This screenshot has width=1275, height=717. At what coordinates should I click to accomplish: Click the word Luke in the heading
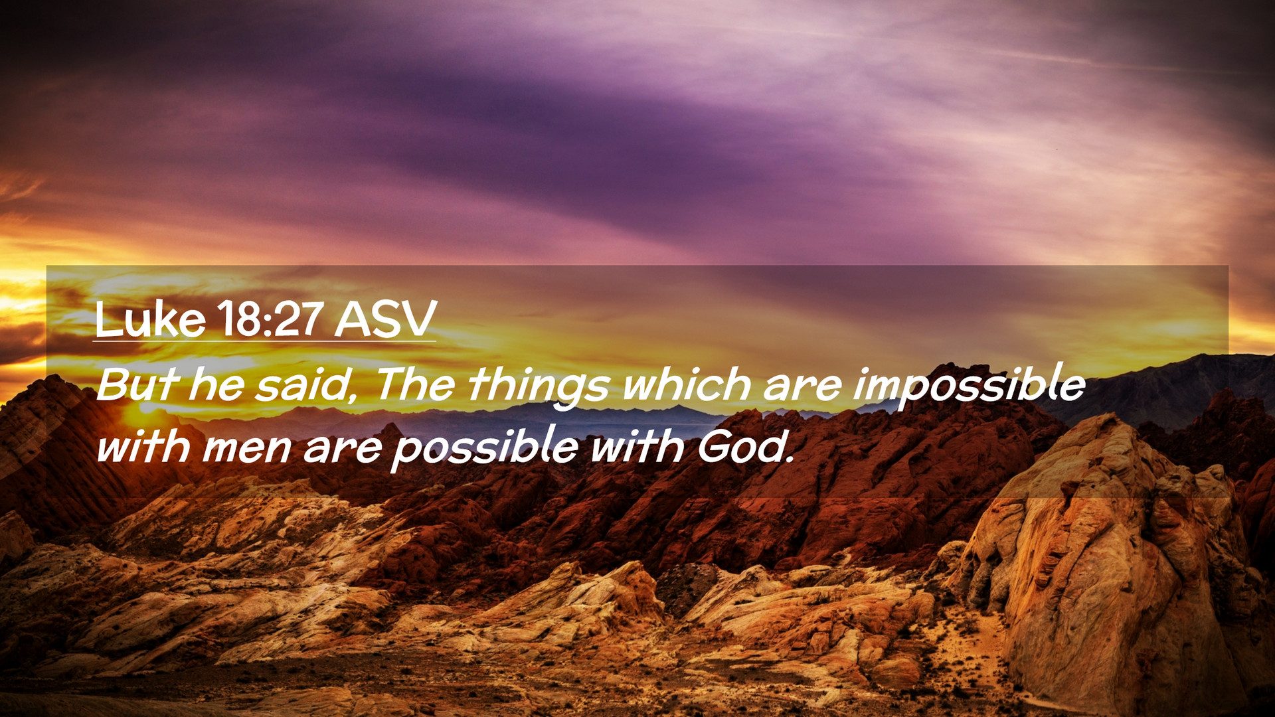coord(150,319)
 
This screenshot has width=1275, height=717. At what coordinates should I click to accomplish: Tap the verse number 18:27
coord(270,319)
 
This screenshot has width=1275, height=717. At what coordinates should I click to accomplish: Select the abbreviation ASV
coord(385,319)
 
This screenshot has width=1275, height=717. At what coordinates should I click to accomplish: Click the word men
coord(247,448)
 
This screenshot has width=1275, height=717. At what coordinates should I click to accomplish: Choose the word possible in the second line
coord(485,448)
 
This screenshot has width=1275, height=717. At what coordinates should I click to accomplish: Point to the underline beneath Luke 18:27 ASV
coord(264,341)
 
